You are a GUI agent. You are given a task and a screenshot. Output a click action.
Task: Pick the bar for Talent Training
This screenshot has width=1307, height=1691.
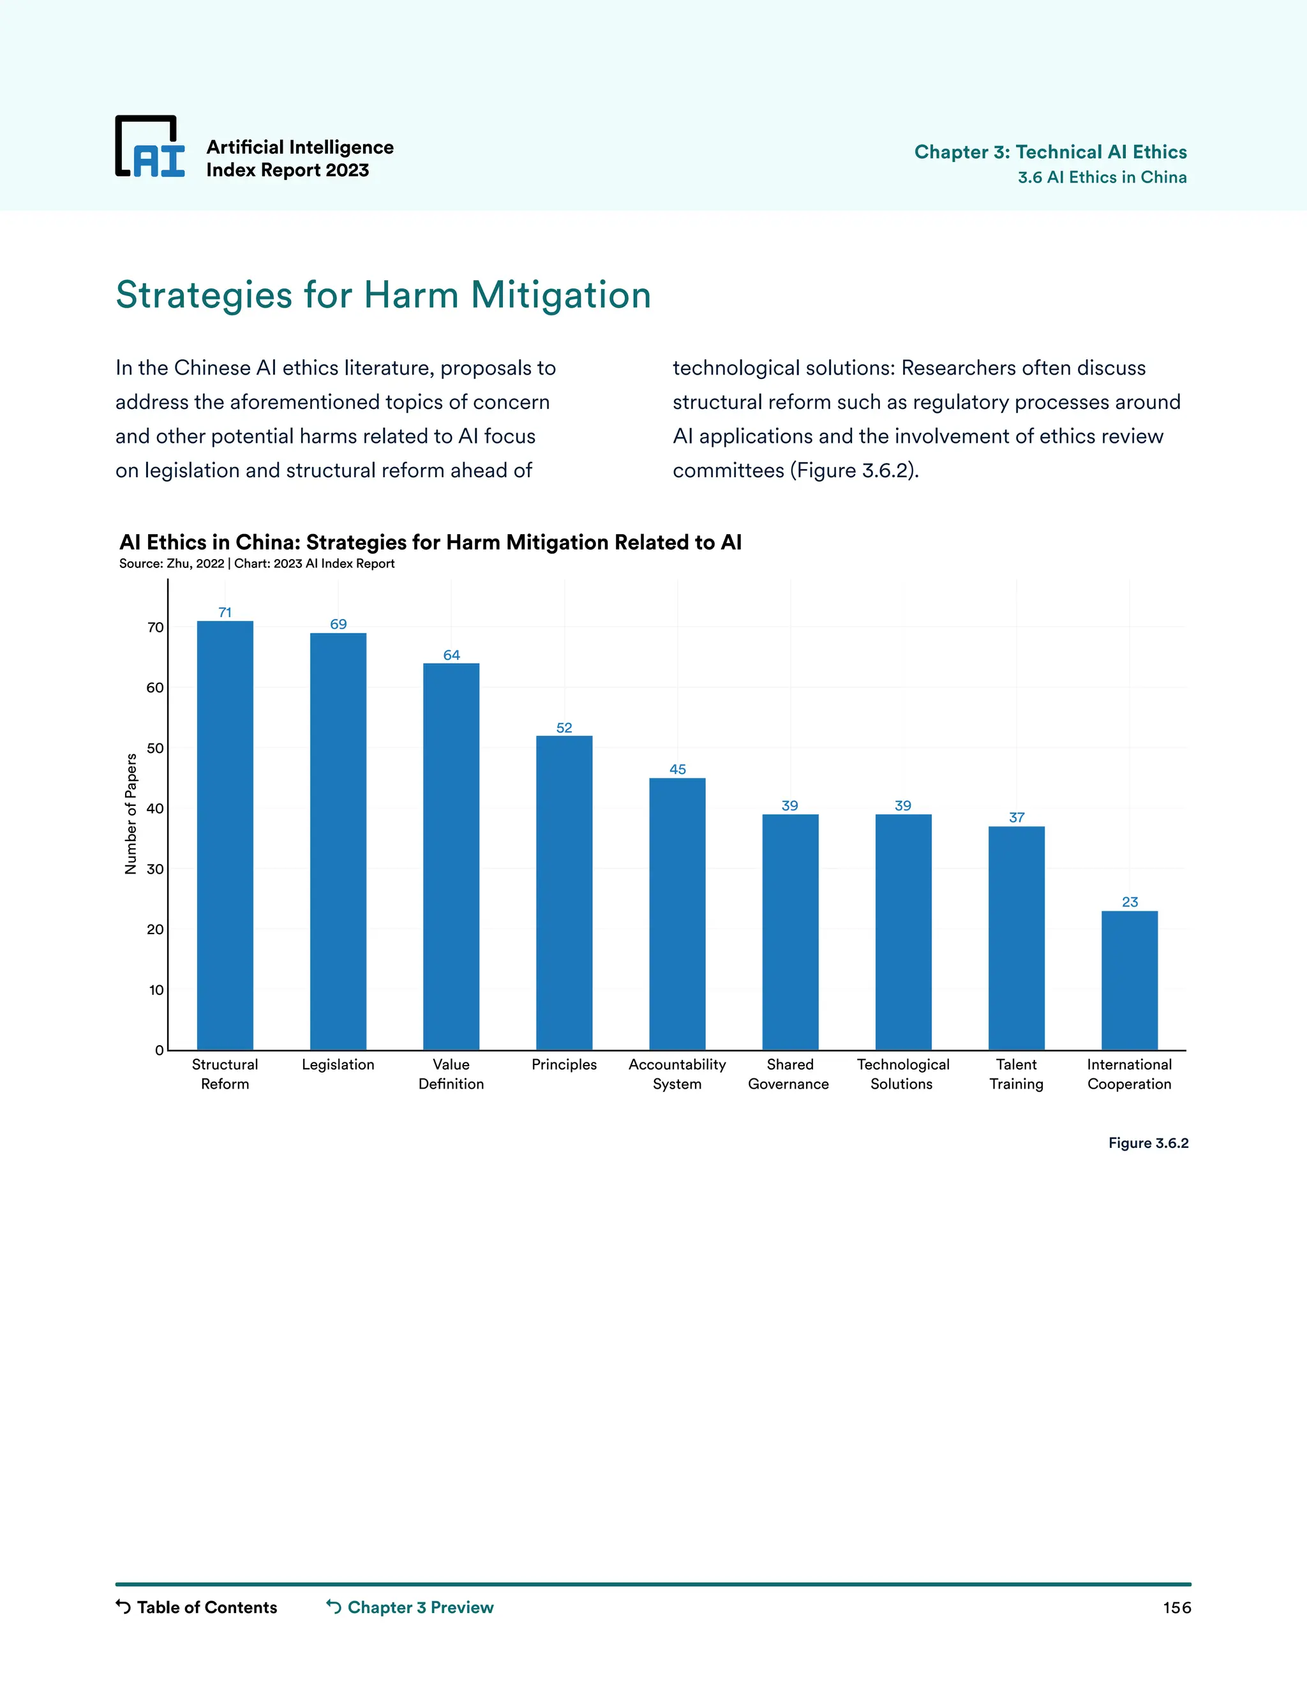(1017, 937)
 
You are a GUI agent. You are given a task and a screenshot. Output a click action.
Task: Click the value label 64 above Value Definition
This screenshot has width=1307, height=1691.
(451, 655)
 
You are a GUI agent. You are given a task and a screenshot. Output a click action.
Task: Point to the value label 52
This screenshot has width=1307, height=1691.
(564, 728)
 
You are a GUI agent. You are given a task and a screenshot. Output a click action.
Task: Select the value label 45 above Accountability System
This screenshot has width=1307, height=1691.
(678, 769)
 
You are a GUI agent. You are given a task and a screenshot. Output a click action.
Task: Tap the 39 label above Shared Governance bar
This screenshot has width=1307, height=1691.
(790, 805)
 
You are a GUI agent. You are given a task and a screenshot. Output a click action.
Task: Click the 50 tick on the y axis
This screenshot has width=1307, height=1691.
(156, 748)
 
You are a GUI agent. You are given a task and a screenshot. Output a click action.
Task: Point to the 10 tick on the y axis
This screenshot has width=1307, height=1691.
(156, 990)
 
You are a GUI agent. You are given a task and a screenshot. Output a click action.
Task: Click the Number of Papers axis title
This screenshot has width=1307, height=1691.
(131, 814)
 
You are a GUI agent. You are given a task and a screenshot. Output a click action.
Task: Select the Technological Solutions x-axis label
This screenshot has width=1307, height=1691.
(903, 1074)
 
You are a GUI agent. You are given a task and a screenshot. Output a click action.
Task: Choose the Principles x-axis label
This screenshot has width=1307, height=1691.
(564, 1064)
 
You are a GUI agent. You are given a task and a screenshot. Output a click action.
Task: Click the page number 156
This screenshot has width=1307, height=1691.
(1176, 1607)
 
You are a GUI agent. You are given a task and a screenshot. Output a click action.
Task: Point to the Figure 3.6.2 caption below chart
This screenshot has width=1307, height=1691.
(1148, 1143)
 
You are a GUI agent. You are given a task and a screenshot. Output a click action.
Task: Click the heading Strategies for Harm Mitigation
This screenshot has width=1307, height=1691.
(384, 295)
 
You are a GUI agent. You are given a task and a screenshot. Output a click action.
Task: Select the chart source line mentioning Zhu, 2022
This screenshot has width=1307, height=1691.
(257, 563)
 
